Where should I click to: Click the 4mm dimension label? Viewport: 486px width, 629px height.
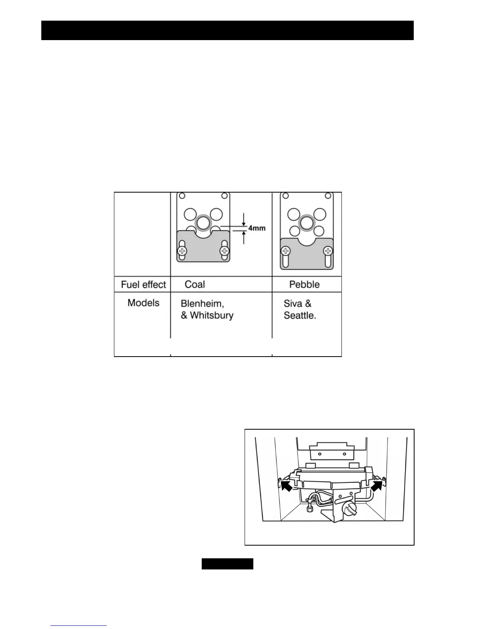pos(256,228)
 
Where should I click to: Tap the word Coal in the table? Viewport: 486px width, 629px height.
pos(195,284)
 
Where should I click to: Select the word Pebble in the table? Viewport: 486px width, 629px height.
pos(304,284)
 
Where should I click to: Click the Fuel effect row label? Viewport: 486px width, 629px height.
pos(143,285)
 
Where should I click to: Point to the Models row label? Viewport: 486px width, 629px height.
pos(143,303)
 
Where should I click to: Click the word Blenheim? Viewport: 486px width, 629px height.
pos(202,304)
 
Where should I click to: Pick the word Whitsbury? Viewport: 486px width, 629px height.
pos(212,316)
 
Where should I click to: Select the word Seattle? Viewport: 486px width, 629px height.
pos(300,316)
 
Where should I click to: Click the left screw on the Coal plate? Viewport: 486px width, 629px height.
pos(182,251)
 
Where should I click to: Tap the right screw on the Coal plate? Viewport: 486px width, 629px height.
pos(225,251)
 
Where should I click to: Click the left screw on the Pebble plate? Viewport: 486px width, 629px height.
pos(285,251)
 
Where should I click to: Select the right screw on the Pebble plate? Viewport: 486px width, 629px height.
pos(328,251)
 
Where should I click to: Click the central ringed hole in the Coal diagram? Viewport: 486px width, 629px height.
pos(203,223)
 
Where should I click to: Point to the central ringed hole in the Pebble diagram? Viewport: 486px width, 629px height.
pos(307,223)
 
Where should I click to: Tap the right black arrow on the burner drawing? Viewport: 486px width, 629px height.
pos(378,485)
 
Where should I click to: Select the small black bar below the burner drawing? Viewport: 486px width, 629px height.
pos(227,564)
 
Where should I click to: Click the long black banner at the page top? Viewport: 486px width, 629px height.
pos(228,31)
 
